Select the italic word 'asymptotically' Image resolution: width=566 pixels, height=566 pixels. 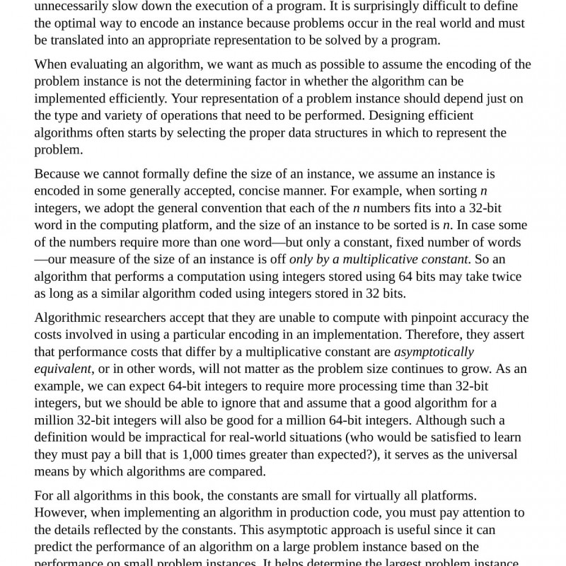pos(434,352)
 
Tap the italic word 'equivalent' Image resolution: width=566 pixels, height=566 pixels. pos(63,369)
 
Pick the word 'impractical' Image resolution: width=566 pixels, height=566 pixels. pos(158,437)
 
